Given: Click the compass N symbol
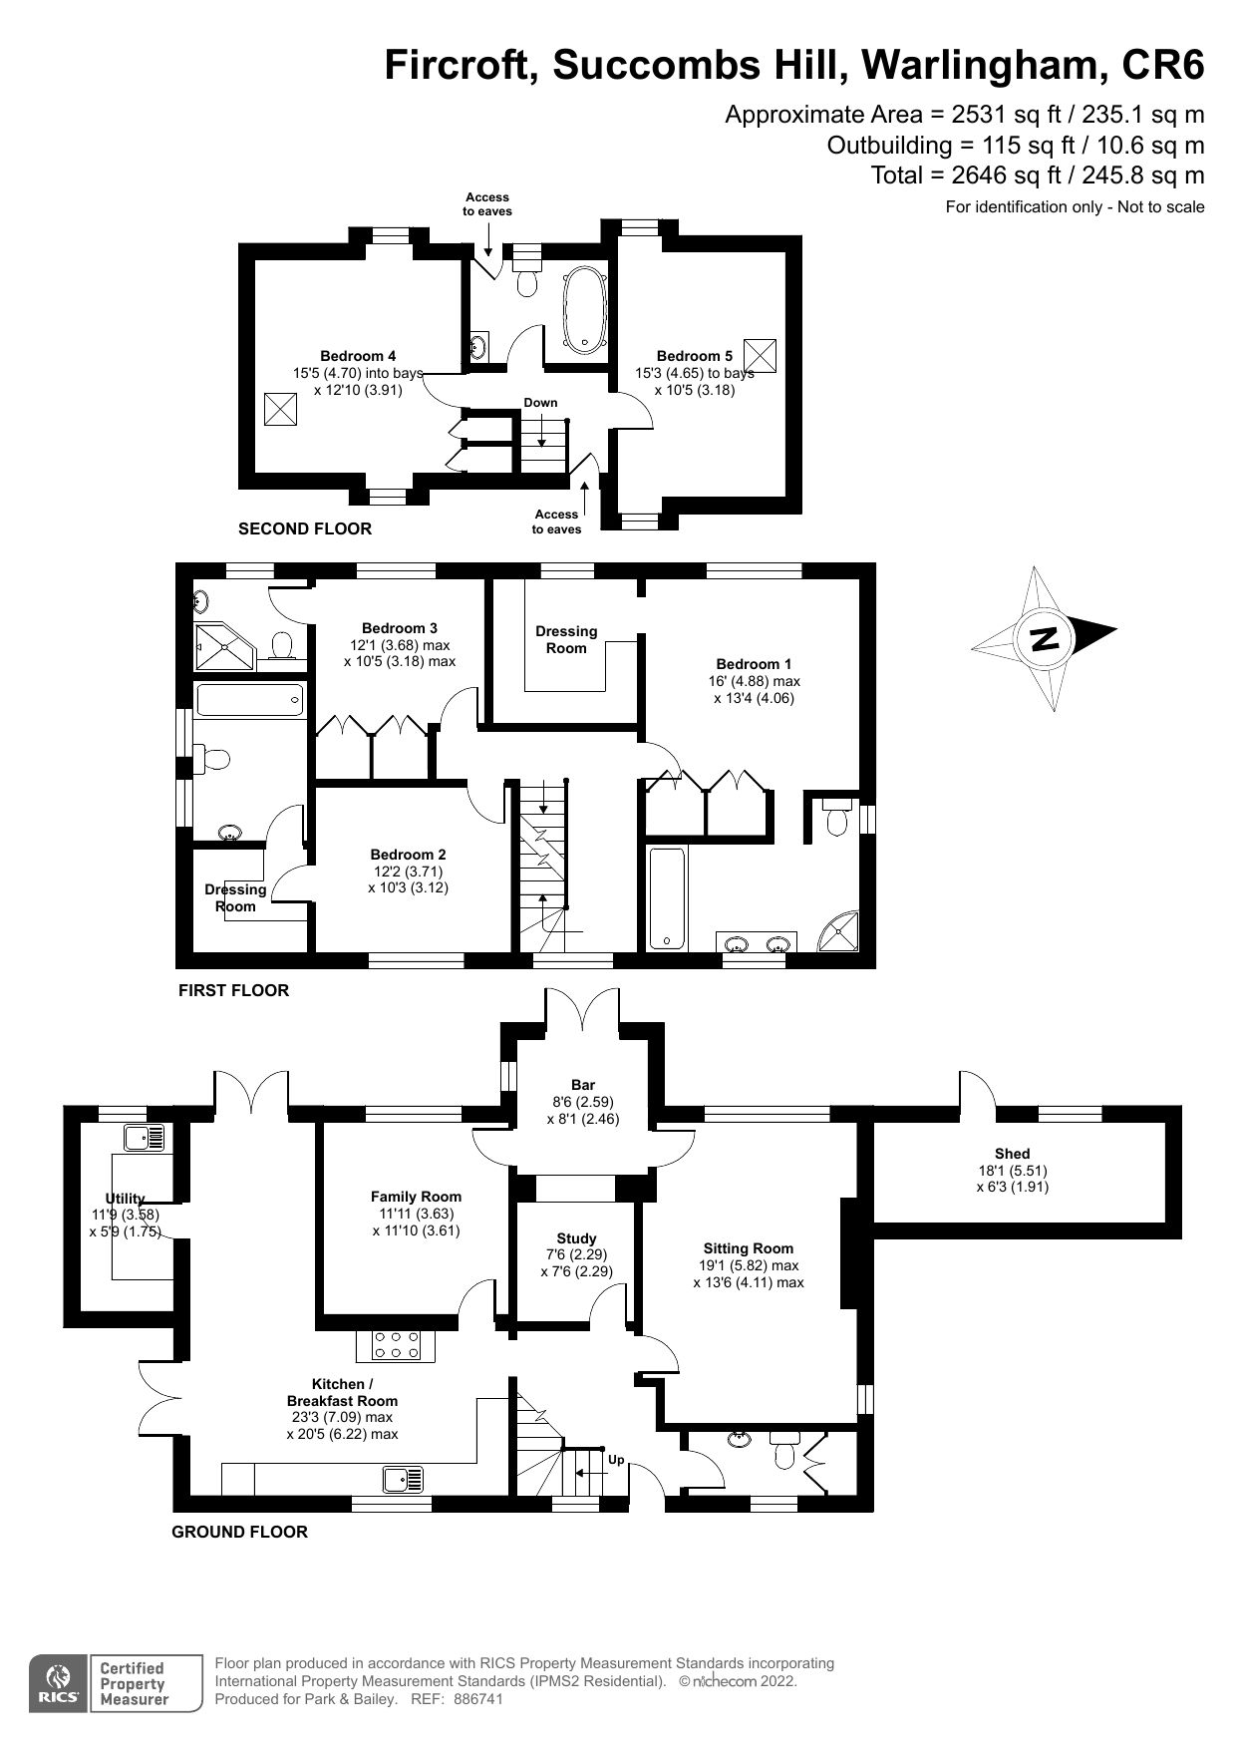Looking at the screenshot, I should (1044, 638).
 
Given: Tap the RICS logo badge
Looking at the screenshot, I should (59, 1683).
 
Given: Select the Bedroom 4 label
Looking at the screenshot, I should (358, 356).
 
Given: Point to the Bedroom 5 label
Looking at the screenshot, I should (694, 356).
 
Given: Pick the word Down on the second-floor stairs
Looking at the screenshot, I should (540, 403).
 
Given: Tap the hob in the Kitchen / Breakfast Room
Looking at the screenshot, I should (396, 1346).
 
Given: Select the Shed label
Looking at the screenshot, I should (1012, 1154).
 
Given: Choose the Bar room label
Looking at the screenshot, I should (583, 1085).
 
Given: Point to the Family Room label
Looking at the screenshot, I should (416, 1197).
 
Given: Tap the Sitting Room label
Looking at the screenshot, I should (748, 1247).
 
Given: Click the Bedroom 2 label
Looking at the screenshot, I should (408, 855).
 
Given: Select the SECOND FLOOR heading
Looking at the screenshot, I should (304, 529).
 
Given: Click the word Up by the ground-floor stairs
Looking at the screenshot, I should (616, 1460).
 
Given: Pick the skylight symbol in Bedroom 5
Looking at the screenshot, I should (759, 355).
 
